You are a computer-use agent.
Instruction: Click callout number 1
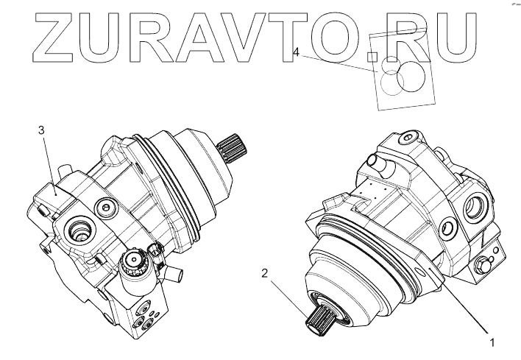pos(493,343)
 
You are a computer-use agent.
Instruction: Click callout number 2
pos(264,274)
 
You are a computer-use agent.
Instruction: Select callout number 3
pos(41,130)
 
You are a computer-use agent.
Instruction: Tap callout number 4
pos(296,52)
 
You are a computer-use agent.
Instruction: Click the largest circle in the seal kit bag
pos(411,77)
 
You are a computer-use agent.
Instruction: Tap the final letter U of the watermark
pos(453,38)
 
